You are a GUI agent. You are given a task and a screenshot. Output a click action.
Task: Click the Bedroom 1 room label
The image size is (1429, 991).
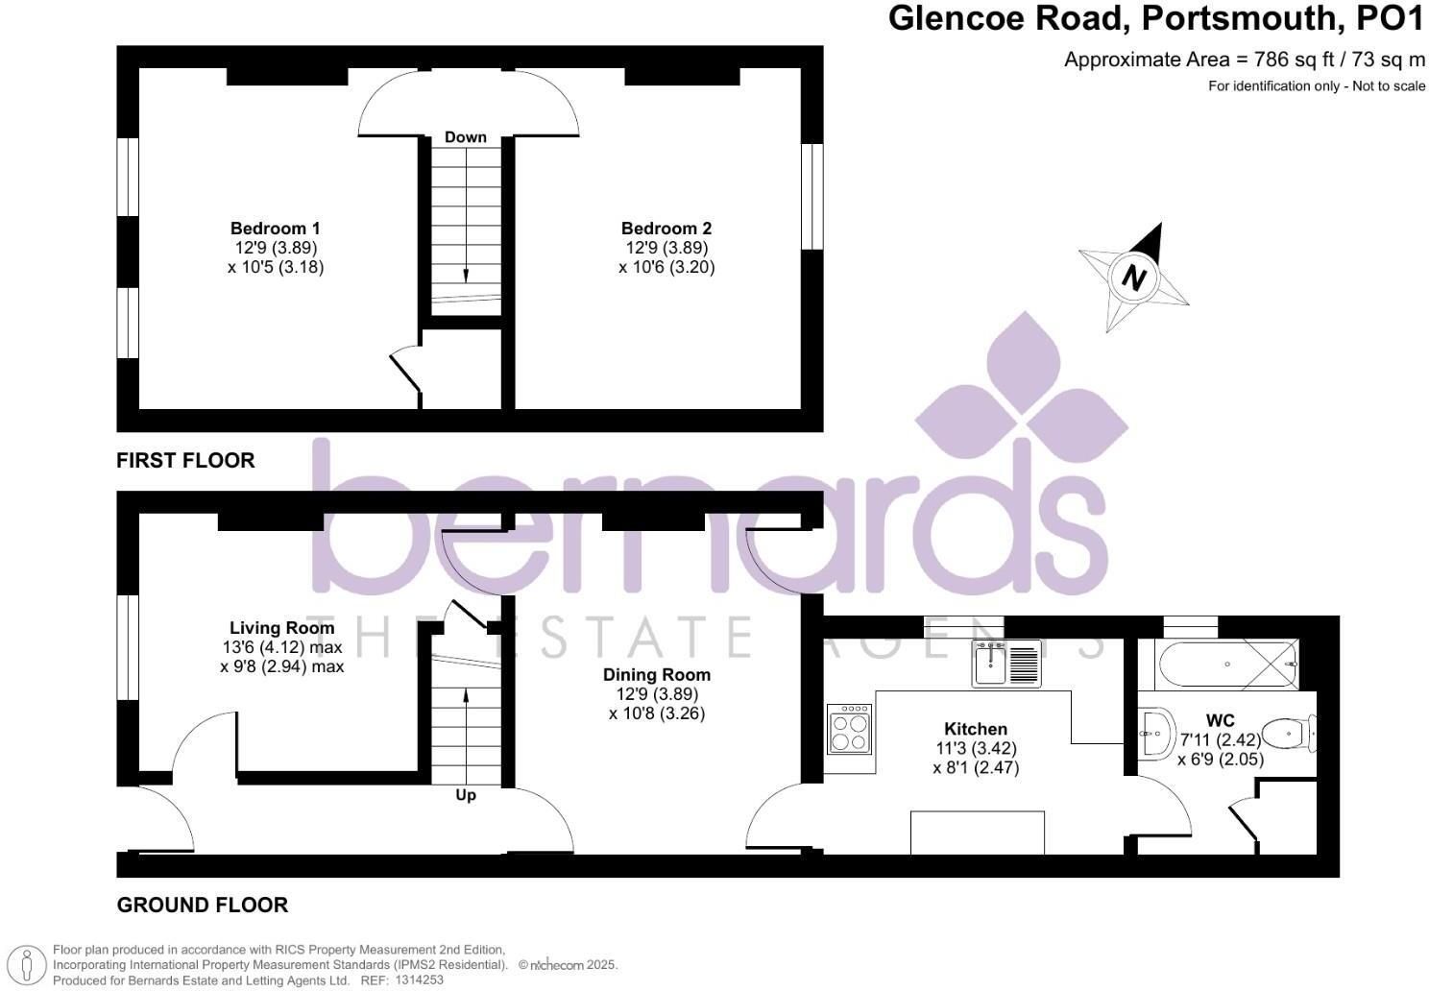(275, 229)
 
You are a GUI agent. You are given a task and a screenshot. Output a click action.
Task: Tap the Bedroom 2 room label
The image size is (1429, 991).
(666, 229)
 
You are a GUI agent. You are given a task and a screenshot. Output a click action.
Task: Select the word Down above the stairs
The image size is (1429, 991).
(466, 137)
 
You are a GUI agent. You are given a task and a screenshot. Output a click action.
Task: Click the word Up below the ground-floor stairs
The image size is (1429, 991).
(466, 795)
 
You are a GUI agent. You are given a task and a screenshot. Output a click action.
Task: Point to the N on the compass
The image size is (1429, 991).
(1133, 278)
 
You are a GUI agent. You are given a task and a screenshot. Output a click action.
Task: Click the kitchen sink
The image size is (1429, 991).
(1006, 664)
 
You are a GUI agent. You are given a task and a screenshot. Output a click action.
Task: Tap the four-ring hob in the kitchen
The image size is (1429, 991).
(849, 728)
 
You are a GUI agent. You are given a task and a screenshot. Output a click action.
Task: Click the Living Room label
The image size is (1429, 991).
(282, 628)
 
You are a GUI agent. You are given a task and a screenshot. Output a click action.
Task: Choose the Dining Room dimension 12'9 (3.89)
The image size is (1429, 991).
(657, 694)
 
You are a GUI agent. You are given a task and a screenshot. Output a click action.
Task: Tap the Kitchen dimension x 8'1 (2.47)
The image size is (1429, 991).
(976, 767)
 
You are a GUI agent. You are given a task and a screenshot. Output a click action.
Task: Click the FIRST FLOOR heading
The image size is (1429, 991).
(185, 460)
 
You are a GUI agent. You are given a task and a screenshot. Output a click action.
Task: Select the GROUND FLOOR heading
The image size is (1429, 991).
(203, 905)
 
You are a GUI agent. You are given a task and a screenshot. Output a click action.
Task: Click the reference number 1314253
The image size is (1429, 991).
(419, 980)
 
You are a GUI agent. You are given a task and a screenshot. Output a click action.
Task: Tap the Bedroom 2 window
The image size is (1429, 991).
(812, 197)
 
